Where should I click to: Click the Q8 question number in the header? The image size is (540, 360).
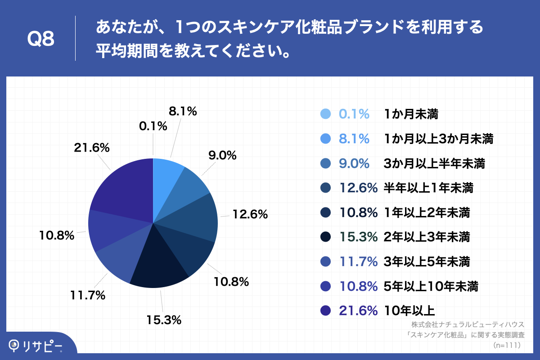click(x=41, y=39)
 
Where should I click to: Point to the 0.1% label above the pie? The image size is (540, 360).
click(x=153, y=126)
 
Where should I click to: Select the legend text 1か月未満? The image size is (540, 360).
click(x=411, y=114)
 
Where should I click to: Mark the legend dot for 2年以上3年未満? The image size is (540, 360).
click(x=326, y=237)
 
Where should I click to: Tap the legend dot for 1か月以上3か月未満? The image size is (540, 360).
click(x=326, y=139)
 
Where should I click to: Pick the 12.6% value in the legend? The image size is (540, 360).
click(x=358, y=188)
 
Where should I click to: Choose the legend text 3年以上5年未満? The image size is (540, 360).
click(x=427, y=261)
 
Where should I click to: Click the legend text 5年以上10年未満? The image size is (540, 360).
click(x=431, y=286)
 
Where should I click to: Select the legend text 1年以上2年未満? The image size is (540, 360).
click(x=427, y=212)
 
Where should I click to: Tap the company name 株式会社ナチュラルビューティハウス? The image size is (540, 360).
click(x=468, y=324)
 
